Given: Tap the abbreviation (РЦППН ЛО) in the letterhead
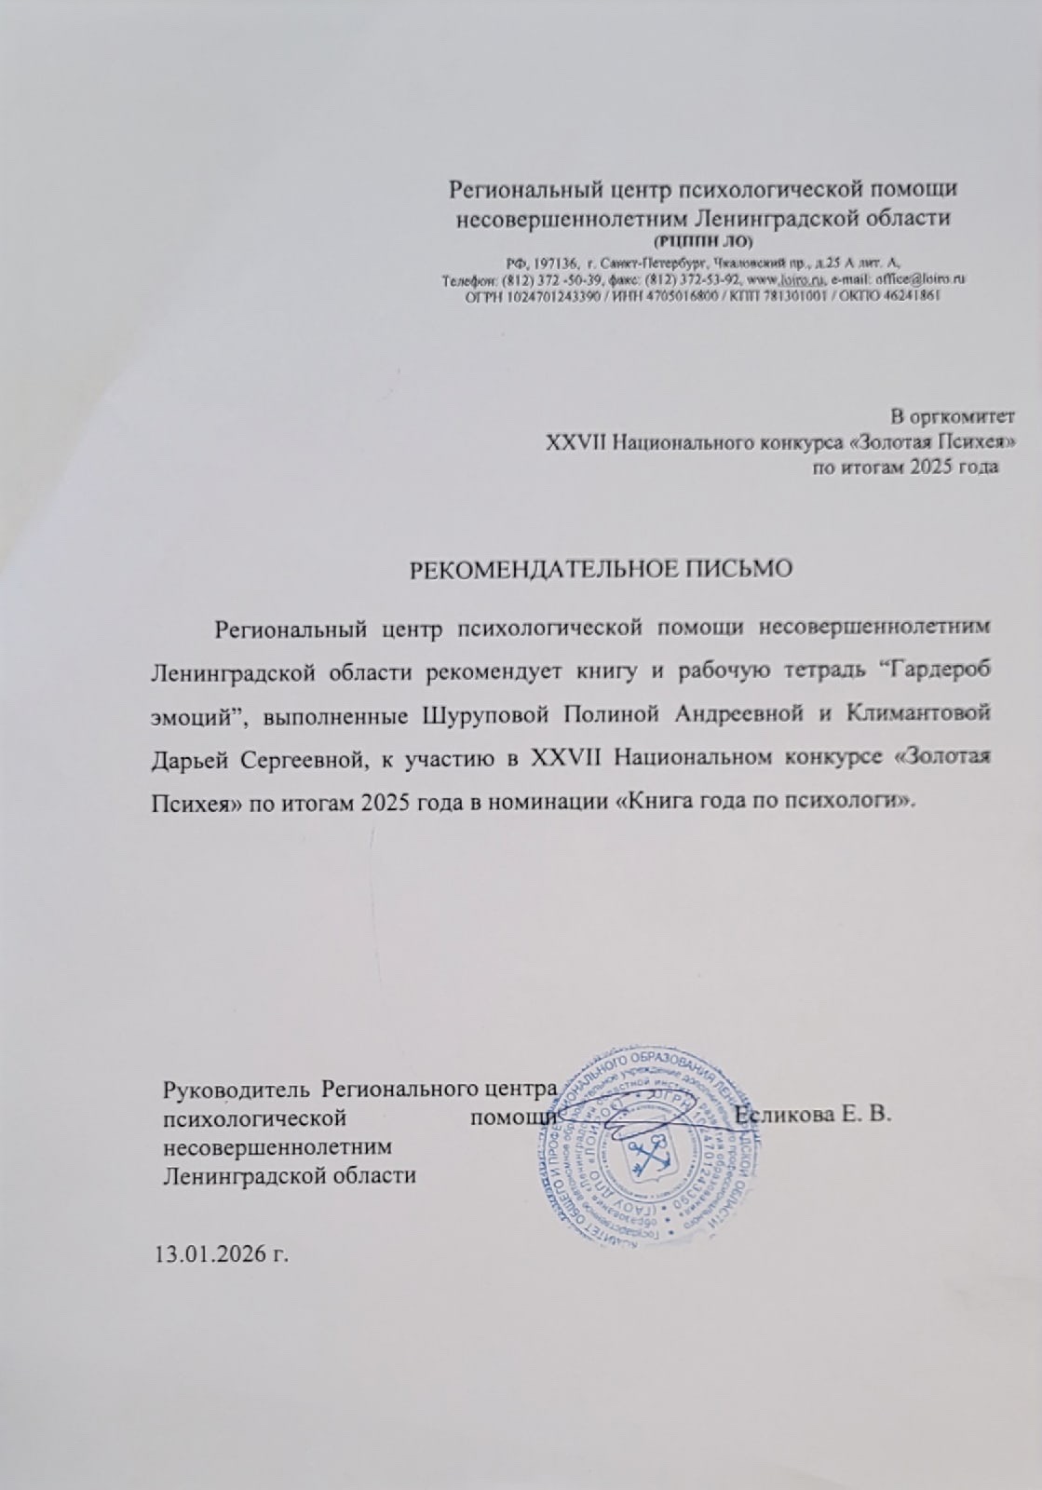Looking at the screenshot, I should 703,242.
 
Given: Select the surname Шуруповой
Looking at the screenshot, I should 502,714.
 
